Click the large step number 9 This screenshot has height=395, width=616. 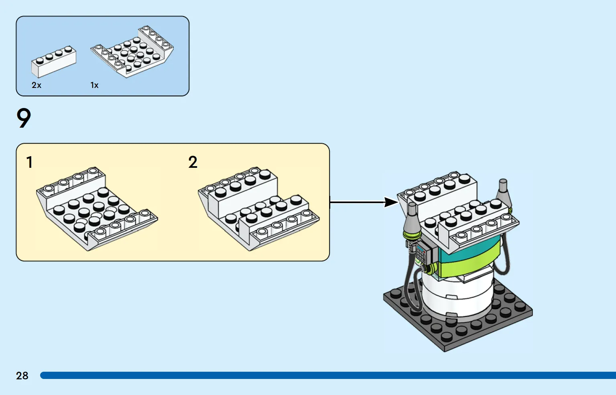[24, 118]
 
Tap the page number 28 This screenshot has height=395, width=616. [22, 376]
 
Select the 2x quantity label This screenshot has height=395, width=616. [36, 85]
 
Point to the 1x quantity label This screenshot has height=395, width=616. [94, 85]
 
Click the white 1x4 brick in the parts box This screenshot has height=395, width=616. [54, 61]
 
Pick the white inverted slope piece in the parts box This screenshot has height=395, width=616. [132, 52]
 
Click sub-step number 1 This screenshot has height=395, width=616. [29, 162]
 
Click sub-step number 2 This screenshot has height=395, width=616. [193, 162]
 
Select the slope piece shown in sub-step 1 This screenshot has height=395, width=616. [97, 209]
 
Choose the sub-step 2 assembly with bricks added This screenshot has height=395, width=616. [259, 209]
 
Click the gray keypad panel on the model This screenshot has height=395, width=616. [423, 253]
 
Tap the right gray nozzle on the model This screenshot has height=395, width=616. [504, 194]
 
